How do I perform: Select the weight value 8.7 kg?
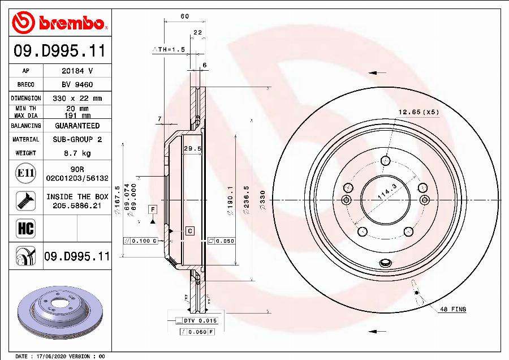tap(77, 153)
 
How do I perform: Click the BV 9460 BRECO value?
tap(77, 84)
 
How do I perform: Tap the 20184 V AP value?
tap(77, 71)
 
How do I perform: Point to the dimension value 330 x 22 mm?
tap(77, 98)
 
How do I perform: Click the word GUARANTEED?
tap(77, 126)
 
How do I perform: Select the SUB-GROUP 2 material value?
tap(77, 139)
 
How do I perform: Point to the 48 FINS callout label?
tap(453, 309)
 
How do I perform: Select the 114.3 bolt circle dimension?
tap(387, 194)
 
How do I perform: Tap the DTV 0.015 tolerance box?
tap(200, 320)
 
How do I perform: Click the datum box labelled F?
tap(152, 209)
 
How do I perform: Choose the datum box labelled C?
tap(190, 230)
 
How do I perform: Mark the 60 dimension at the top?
tap(184, 16)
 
